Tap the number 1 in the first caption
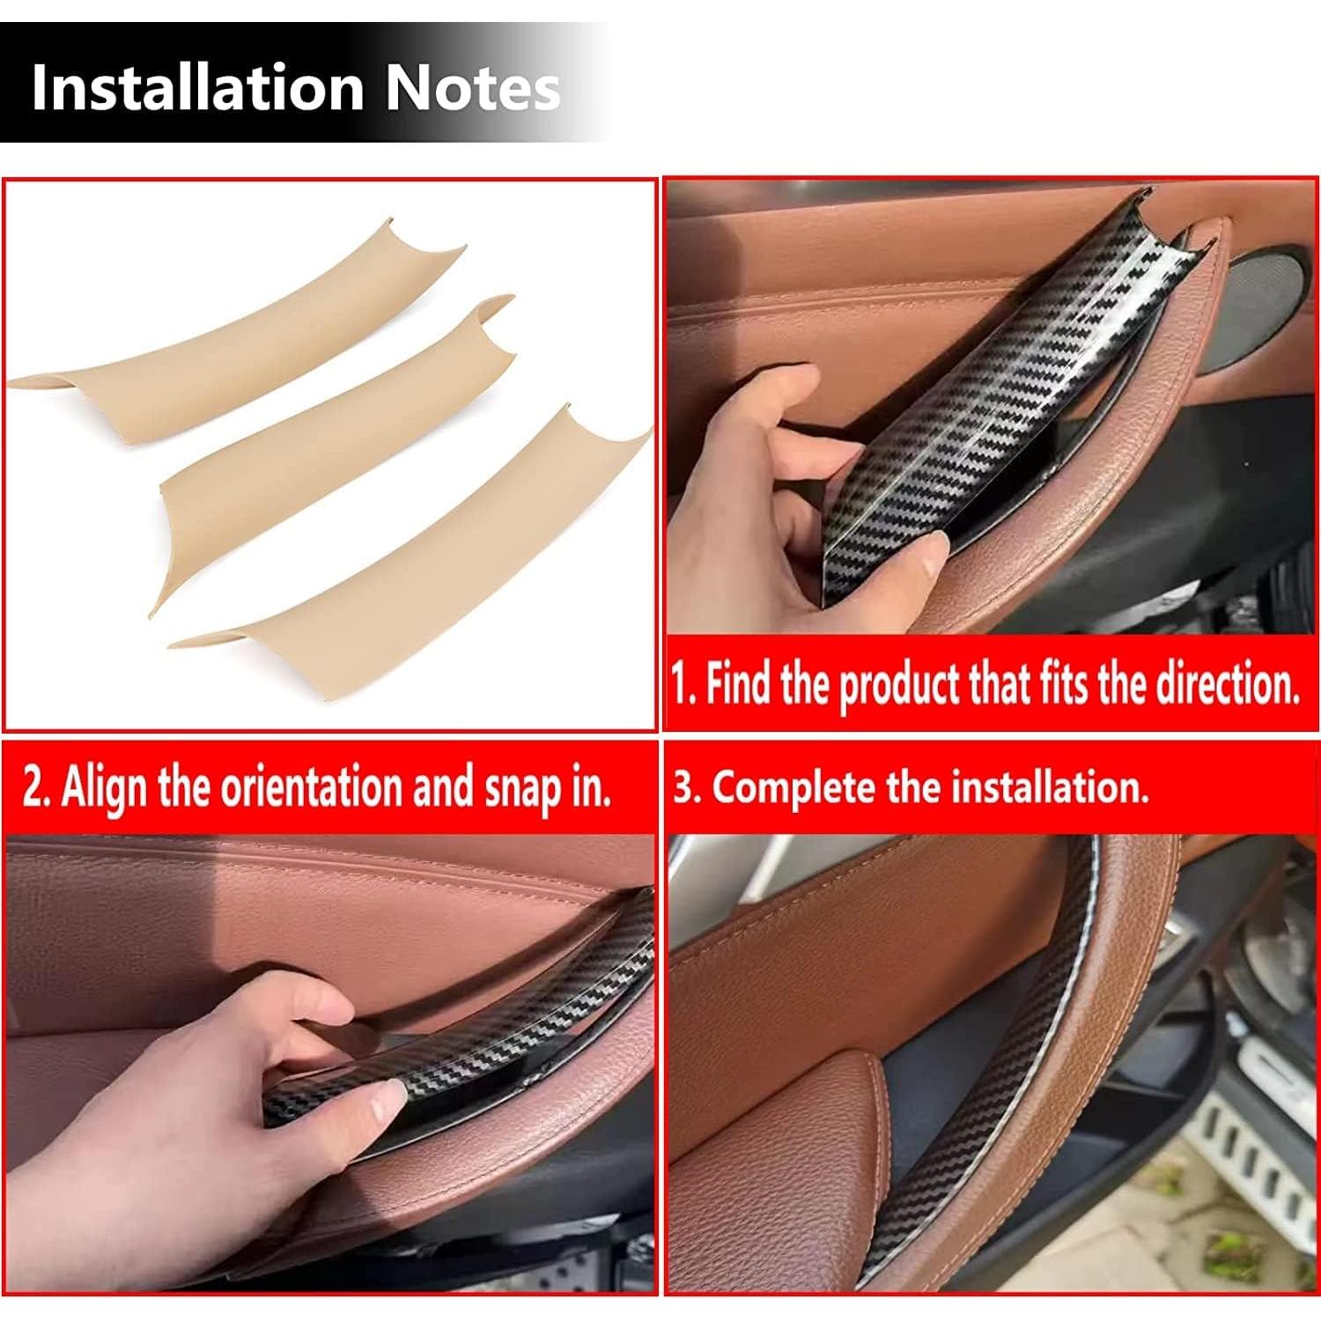click(x=680, y=684)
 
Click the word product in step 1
click(x=898, y=684)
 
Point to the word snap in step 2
click(x=523, y=786)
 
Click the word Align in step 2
click(x=106, y=786)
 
